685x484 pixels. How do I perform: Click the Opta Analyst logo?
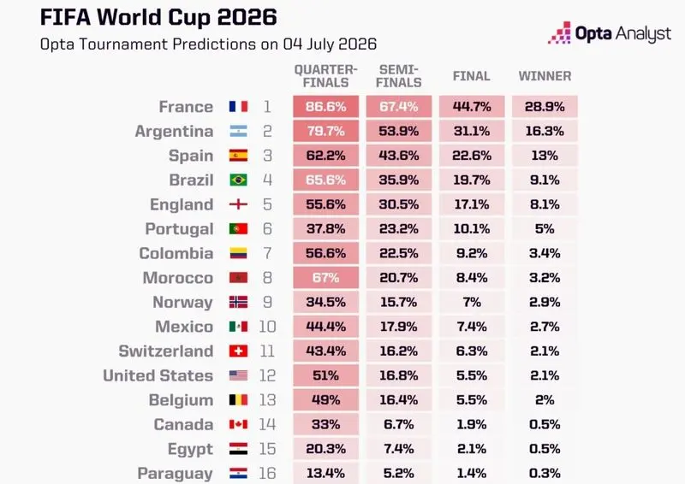610,33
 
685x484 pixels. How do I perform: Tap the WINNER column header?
545,76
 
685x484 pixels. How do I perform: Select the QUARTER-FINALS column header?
326,76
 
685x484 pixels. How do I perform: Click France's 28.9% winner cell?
545,107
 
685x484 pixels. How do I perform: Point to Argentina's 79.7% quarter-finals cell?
326,131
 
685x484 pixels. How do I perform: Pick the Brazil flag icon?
239,180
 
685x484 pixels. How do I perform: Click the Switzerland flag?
239,351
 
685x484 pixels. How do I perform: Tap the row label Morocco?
178,278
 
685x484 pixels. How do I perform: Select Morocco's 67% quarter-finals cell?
326,278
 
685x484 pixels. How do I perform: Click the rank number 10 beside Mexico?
267,327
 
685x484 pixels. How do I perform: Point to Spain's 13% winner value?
545,156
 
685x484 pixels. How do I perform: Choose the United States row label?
158,375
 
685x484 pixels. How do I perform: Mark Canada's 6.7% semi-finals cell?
399,424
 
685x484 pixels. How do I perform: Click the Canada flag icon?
239,424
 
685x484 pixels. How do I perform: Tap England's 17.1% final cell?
472,204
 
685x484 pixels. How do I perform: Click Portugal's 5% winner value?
545,228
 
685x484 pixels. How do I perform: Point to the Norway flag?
239,302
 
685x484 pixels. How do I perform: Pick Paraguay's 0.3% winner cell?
545,473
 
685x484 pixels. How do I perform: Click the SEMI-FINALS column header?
399,76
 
